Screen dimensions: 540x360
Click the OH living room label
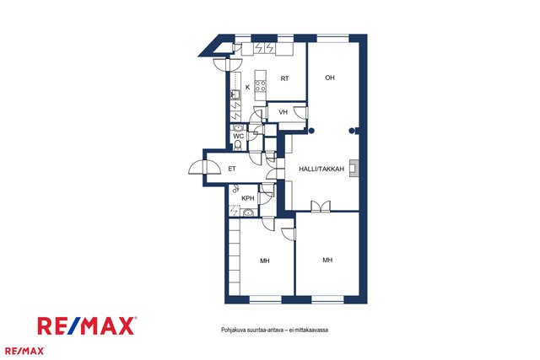point(330,78)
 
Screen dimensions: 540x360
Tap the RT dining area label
point(284,78)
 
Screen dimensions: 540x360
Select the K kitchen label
point(247,88)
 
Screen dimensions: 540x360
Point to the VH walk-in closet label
point(283,112)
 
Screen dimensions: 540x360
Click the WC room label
point(238,136)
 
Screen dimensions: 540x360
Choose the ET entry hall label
point(232,169)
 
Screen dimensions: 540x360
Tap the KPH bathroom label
point(247,198)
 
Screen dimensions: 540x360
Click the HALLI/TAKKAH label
point(321,169)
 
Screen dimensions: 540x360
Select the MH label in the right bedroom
point(327,261)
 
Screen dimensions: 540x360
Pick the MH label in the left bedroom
point(264,261)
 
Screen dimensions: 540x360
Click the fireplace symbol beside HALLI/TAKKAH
point(354,169)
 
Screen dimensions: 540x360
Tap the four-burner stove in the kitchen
point(261,86)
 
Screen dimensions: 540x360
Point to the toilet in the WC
point(238,146)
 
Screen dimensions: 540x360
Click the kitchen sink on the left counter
point(235,94)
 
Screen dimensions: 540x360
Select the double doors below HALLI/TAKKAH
point(321,206)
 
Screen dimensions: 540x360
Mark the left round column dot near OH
point(311,131)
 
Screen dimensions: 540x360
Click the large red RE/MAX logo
point(87,326)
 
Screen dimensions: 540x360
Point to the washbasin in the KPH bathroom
point(248,213)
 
